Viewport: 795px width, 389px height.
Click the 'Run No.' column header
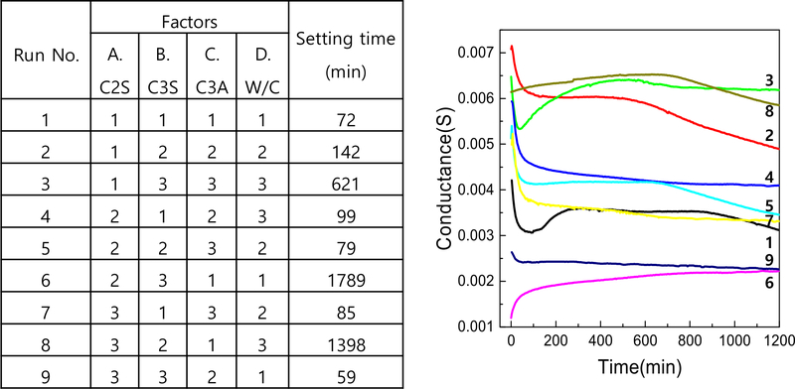click(x=47, y=54)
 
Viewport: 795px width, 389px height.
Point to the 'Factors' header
click(x=190, y=18)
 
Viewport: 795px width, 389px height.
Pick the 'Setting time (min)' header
click(x=334, y=54)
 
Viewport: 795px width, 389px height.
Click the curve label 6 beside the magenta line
click(x=771, y=283)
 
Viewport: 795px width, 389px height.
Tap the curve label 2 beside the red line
click(x=771, y=133)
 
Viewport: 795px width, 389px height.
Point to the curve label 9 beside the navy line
click(x=771, y=261)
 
